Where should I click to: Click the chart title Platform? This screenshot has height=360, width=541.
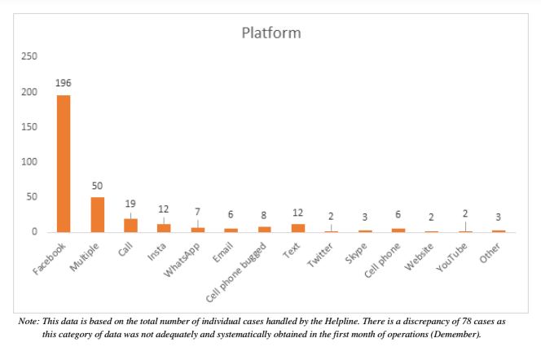click(x=271, y=33)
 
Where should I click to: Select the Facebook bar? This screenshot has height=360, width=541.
click(x=64, y=163)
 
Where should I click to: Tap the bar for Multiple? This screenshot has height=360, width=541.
click(x=97, y=214)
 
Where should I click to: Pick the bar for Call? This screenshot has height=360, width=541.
click(x=130, y=225)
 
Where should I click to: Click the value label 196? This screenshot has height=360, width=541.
click(x=64, y=83)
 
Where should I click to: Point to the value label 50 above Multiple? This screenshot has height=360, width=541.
click(x=97, y=186)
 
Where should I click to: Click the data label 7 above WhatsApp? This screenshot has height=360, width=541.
click(x=197, y=213)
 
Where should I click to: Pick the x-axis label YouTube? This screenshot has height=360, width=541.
click(x=453, y=256)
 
